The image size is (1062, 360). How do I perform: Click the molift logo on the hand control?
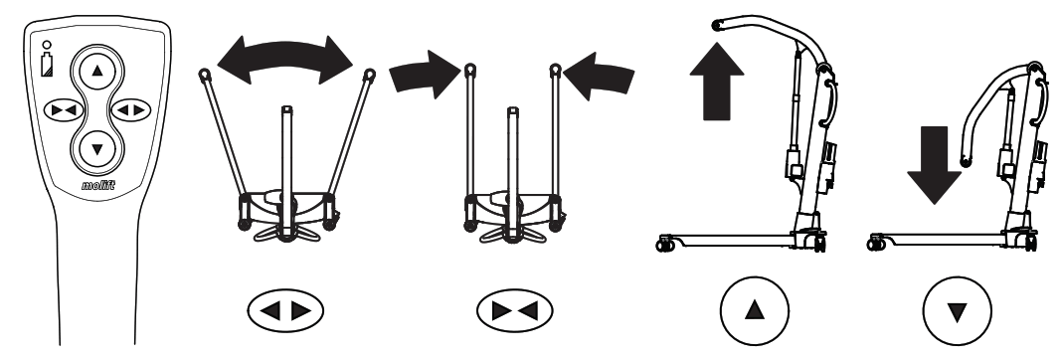(97, 184)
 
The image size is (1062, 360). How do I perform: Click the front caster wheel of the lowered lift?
(876, 241)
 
